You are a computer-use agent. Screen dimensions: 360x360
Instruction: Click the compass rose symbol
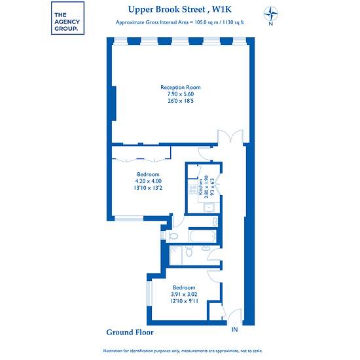[x=271, y=14]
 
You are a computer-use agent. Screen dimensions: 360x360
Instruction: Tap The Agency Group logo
[x=67, y=18]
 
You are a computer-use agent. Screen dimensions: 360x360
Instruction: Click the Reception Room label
[x=181, y=87]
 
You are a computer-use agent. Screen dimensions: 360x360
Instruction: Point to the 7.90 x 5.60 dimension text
[x=181, y=94]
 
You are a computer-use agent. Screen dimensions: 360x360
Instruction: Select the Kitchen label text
[x=201, y=187]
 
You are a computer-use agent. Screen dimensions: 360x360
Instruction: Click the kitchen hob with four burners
[x=193, y=189]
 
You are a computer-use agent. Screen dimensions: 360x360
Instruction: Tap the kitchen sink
[x=209, y=207]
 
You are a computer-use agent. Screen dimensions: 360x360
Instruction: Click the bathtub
[x=202, y=236]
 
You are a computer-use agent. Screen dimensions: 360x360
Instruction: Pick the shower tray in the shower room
[x=176, y=255]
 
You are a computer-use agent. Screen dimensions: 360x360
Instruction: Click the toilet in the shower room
[x=189, y=251]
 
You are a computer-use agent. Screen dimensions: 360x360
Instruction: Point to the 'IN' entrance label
[x=234, y=330]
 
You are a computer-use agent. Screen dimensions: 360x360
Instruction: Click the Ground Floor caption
[x=130, y=333]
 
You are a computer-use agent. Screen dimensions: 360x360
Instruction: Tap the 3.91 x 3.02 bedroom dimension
[x=184, y=294]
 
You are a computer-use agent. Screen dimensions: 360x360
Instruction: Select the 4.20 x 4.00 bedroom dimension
[x=148, y=181]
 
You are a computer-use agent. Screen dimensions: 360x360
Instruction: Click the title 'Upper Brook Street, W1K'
[x=180, y=10]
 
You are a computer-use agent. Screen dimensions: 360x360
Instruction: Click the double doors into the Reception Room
[x=230, y=137]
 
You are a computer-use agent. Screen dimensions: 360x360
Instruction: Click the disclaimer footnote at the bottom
[x=183, y=351]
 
